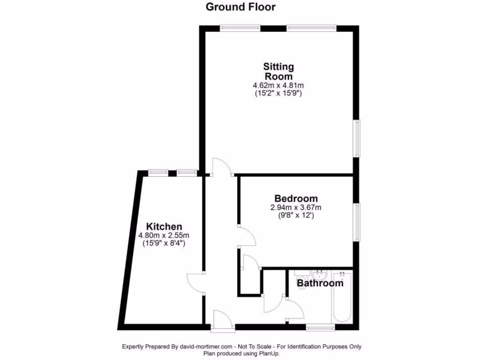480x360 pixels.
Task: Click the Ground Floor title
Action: tap(240, 7)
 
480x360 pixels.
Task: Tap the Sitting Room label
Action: tap(278, 71)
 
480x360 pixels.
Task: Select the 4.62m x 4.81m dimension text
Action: tap(278, 86)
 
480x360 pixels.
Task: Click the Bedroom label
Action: tap(296, 199)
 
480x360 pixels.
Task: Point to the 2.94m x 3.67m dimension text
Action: tap(295, 208)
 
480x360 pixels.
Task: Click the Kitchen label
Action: tap(164, 226)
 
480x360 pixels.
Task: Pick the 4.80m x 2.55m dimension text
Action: tap(164, 235)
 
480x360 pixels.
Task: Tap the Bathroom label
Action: tap(320, 283)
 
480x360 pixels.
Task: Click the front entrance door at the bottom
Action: tap(221, 322)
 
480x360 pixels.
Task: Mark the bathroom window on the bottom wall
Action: tap(321, 327)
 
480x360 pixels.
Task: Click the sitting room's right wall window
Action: tap(357, 139)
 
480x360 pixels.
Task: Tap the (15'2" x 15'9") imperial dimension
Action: tap(278, 93)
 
